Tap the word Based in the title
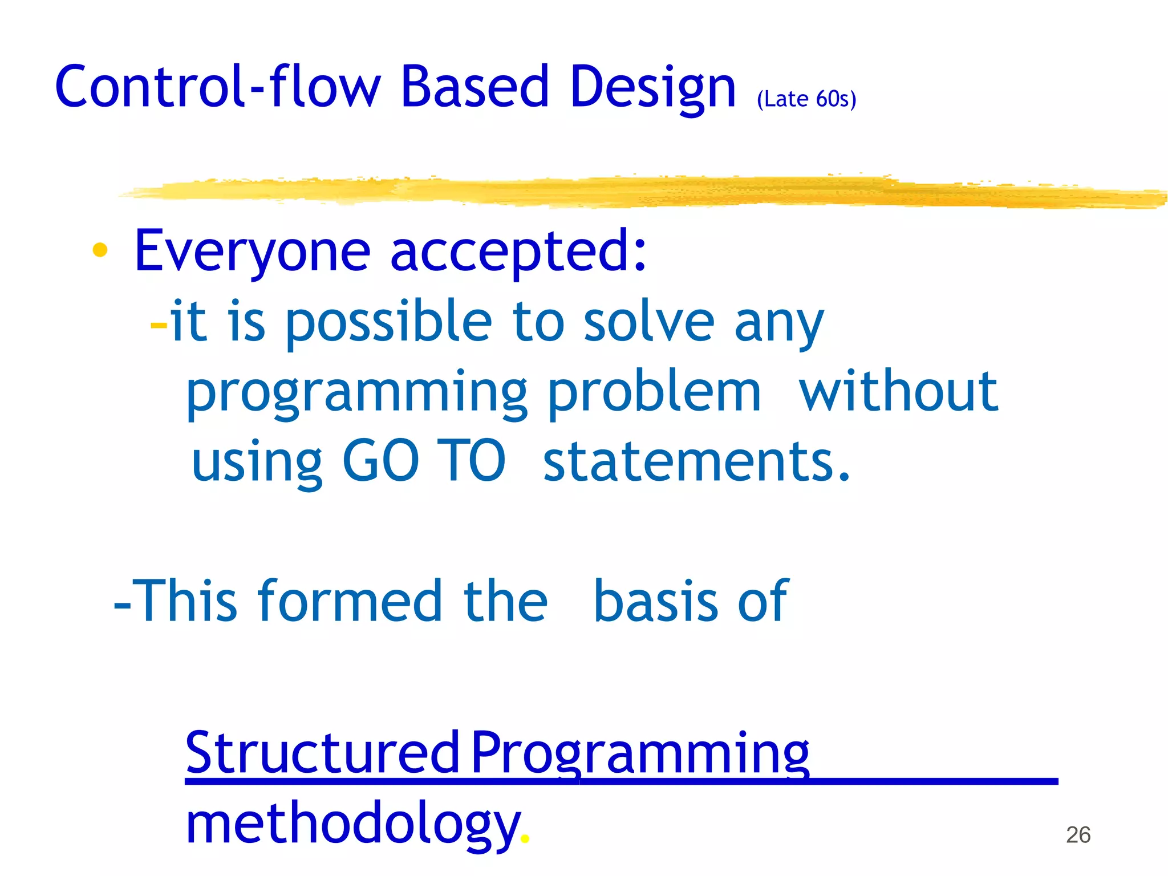pos(474,87)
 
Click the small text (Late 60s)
pos(806,99)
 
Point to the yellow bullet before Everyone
pos(100,250)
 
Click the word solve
pos(648,322)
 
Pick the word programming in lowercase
pos(357,394)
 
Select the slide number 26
pos(1078,835)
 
